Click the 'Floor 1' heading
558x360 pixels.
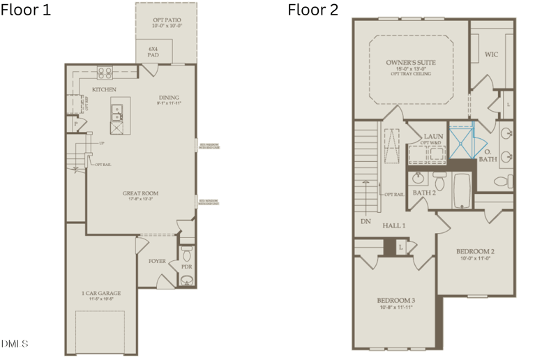pyautogui.click(x=26, y=10)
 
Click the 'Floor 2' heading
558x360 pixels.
pyautogui.click(x=314, y=10)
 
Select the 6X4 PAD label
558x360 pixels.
pyautogui.click(x=155, y=52)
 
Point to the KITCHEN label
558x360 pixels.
pyautogui.click(x=104, y=90)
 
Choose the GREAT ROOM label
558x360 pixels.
pyautogui.click(x=140, y=193)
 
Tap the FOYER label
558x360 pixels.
pyautogui.click(x=158, y=261)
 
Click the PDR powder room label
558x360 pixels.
pyautogui.click(x=186, y=267)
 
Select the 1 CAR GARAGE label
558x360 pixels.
pyautogui.click(x=101, y=293)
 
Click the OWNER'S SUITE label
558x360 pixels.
pyautogui.click(x=411, y=63)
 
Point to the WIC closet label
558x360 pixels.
pyautogui.click(x=491, y=54)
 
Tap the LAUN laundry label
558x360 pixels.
pyautogui.click(x=434, y=137)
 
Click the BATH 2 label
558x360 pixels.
pyautogui.click(x=424, y=193)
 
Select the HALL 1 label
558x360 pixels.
pyautogui.click(x=394, y=225)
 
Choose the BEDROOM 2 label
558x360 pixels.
pyautogui.click(x=475, y=251)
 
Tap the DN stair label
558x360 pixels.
pyautogui.click(x=365, y=222)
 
